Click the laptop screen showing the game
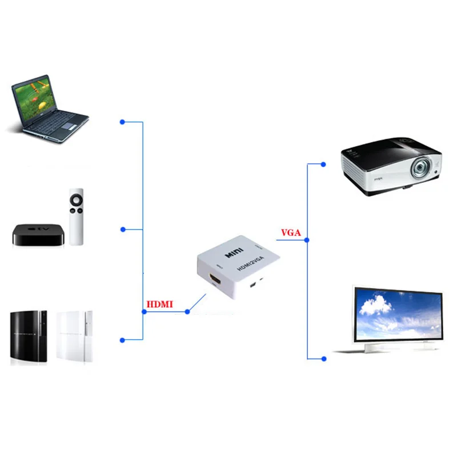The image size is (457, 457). (35, 99)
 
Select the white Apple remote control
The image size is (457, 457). (77, 216)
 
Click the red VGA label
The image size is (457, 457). (291, 232)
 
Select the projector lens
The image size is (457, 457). (421, 169)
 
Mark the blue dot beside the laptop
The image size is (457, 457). (122, 122)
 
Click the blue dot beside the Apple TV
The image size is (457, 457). (122, 230)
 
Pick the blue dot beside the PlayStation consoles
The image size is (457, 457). (122, 340)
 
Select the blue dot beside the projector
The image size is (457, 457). (323, 165)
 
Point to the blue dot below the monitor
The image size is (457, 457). (323, 359)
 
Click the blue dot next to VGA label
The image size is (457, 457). (307, 240)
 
